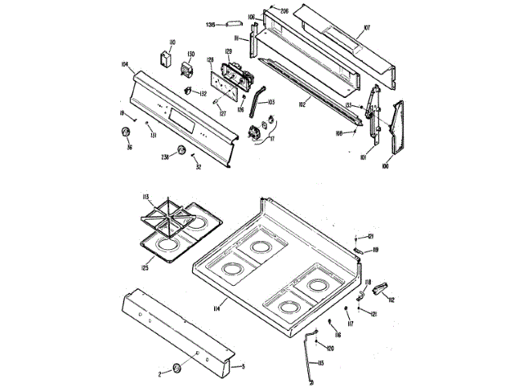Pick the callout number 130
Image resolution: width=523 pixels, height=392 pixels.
(x=190, y=55)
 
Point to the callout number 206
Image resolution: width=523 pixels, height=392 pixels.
(x=284, y=11)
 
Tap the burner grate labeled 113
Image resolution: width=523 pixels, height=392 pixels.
(x=173, y=214)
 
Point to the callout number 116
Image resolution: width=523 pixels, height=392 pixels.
(x=337, y=335)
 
